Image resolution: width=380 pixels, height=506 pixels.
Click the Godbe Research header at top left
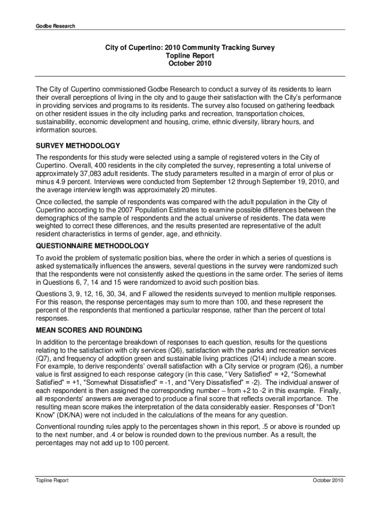54,26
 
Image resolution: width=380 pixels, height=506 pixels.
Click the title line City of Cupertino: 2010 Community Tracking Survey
190,48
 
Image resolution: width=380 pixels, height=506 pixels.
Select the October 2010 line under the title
190,64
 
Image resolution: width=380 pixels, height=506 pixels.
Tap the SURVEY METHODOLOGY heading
78,146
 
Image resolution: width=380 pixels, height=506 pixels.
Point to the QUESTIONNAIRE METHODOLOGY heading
92,246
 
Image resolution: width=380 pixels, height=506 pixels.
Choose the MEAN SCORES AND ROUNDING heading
89,330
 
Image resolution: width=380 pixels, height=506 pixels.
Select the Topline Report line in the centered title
190,56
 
